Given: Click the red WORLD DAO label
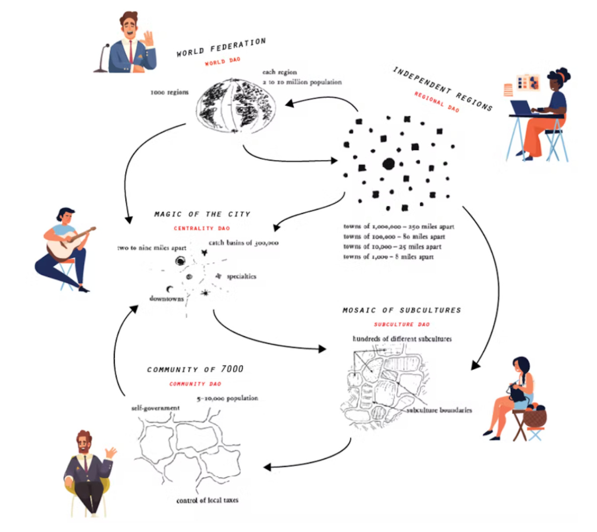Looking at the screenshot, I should [222, 61].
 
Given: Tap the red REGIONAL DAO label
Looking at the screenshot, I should [437, 102].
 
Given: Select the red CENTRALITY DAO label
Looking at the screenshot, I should [202, 228].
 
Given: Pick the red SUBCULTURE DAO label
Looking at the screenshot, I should [402, 325].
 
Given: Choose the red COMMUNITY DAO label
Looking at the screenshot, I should [195, 384].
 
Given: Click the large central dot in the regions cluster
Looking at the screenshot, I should [388, 164].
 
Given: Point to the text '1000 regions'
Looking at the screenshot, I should [169, 93].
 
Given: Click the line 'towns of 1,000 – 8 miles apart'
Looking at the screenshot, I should [388, 257].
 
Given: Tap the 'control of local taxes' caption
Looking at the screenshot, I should [207, 500].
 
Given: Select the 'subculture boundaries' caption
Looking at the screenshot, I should [439, 410].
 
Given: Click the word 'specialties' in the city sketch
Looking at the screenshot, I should [241, 276].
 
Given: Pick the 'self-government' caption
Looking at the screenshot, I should [155, 408].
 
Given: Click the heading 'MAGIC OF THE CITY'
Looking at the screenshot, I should [202, 214].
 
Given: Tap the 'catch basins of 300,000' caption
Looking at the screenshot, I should [243, 243].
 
